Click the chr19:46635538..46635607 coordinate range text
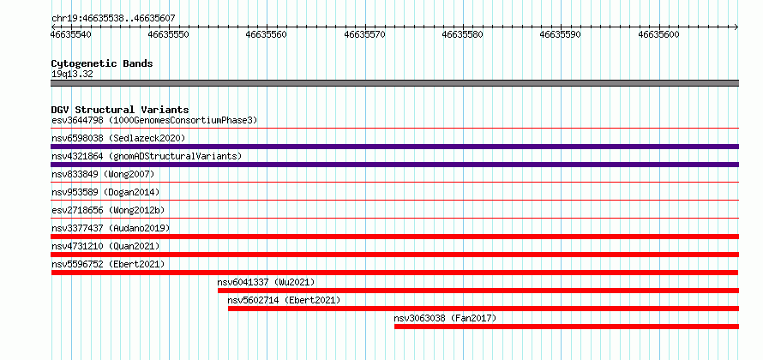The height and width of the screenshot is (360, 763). click(113, 19)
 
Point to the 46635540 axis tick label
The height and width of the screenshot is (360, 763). click(71, 34)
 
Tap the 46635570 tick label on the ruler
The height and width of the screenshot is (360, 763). click(365, 34)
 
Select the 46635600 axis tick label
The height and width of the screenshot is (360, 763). click(659, 34)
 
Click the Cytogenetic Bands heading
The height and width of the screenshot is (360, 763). click(102, 63)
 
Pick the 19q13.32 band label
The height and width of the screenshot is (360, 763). click(72, 75)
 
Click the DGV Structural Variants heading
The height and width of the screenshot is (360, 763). click(120, 110)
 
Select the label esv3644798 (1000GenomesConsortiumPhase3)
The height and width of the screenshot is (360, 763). click(154, 120)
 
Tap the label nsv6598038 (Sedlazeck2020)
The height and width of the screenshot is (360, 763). click(118, 138)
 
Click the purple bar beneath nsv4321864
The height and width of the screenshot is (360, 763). click(394, 165)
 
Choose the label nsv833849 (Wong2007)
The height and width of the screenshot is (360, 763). click(103, 174)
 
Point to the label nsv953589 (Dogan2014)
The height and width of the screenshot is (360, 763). click(105, 192)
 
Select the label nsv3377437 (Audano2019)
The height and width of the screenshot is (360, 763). click(111, 228)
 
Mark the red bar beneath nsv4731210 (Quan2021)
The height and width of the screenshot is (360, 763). click(394, 255)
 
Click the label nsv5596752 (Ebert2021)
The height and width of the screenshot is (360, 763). click(108, 264)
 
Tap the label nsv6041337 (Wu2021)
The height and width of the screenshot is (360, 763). click(266, 282)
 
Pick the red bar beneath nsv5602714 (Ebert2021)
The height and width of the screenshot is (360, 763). click(484, 309)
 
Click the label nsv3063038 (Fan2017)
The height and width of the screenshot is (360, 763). click(445, 318)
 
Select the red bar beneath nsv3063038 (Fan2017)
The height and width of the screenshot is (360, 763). click(567, 327)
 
